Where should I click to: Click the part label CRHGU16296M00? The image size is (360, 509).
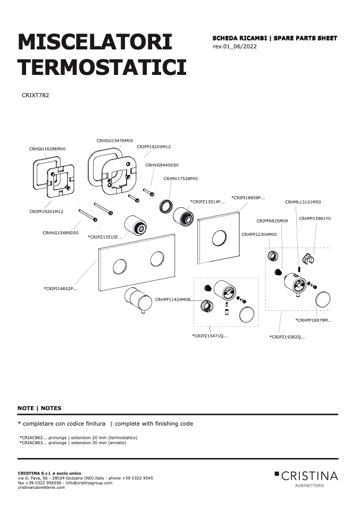coord(47,149)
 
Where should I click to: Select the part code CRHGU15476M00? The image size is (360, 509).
coord(115,141)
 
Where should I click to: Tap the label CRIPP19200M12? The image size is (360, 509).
coord(154,147)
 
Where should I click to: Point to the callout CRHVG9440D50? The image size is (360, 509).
coord(162,165)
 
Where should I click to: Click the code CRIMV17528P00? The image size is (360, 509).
coord(181,179)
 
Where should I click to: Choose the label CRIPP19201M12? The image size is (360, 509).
coord(46,211)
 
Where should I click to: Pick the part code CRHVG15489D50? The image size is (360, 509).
coord(61,233)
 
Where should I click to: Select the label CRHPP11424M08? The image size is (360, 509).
coord(172,300)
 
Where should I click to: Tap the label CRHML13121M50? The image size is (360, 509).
coord(303,202)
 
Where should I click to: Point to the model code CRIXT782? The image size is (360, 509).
coord(36,96)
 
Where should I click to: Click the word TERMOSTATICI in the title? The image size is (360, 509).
coord(102,67)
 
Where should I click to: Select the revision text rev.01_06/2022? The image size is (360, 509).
coord(235,46)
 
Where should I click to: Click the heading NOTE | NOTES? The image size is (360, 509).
coord(39,409)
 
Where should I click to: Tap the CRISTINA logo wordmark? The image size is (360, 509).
coord(309,476)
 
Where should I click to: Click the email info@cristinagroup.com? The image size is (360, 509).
coord(89,483)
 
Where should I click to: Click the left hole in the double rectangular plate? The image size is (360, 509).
coord(120,267)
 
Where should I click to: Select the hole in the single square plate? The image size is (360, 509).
coord(219,239)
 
